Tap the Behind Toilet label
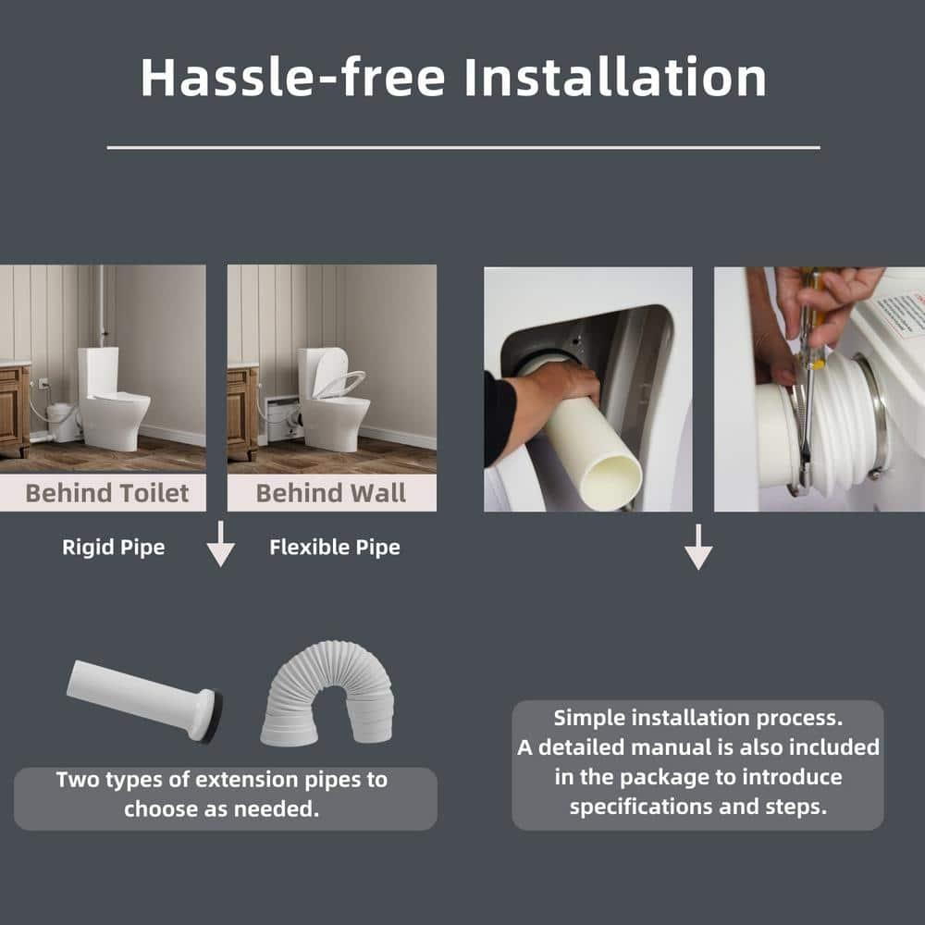[x=107, y=493]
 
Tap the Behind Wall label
[x=331, y=493]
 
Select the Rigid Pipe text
[x=113, y=548]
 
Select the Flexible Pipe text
[x=335, y=548]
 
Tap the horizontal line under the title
[x=462, y=147]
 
